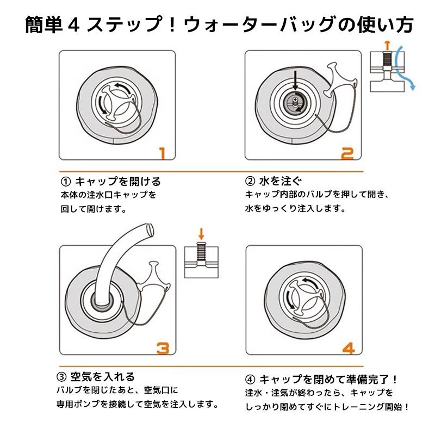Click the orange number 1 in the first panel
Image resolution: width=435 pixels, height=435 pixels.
click(x=163, y=153)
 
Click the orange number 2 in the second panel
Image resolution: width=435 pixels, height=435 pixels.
click(x=347, y=153)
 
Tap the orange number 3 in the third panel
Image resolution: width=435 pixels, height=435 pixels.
click(x=163, y=348)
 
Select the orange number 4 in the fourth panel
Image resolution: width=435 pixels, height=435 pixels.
click(x=349, y=349)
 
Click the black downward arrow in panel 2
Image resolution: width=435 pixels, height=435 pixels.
click(x=295, y=80)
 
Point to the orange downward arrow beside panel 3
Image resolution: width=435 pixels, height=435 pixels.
click(x=201, y=234)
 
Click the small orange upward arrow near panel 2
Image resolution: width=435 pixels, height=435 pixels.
click(x=388, y=45)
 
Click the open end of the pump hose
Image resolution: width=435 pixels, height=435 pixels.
click(x=150, y=230)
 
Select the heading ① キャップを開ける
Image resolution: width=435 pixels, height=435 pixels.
click(x=111, y=182)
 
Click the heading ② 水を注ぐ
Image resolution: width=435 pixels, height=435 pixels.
click(x=274, y=181)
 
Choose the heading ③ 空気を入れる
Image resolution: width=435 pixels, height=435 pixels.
click(x=96, y=376)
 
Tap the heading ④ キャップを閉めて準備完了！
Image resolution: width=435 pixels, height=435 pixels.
click(x=321, y=379)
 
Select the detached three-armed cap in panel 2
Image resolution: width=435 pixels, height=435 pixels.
click(x=339, y=80)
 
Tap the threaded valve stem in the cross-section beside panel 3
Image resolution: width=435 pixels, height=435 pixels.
click(x=201, y=251)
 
